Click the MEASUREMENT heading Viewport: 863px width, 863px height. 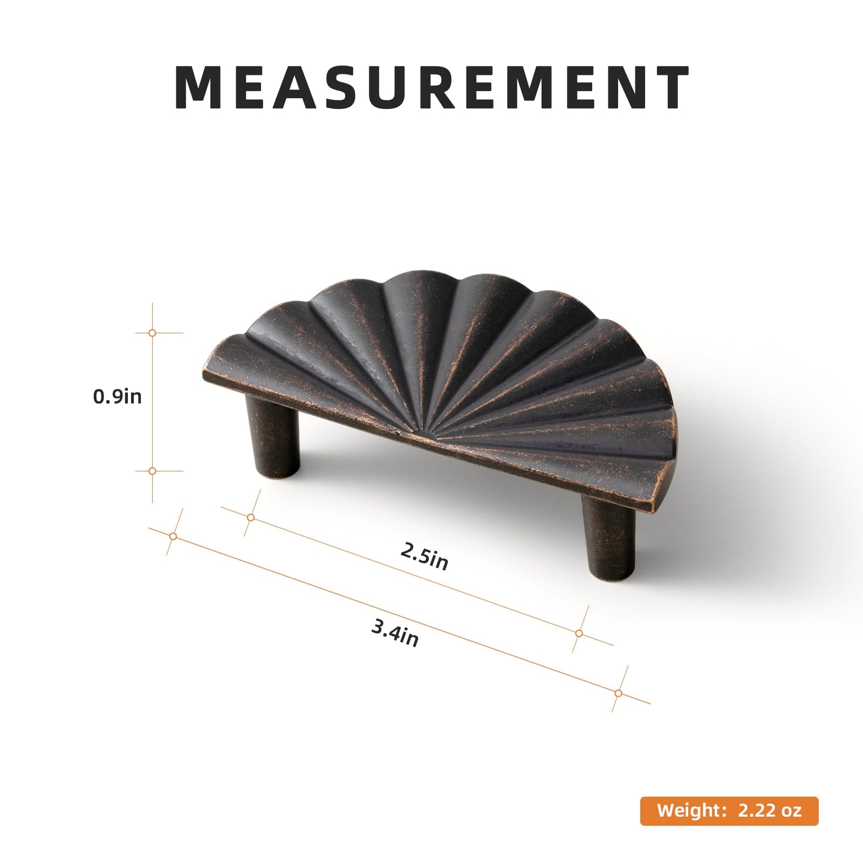pos(432,87)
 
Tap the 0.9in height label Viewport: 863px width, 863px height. pos(118,396)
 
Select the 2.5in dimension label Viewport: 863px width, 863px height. pos(424,555)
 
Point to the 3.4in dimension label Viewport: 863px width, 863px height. pos(395,633)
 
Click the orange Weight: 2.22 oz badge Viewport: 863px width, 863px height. pos(729,811)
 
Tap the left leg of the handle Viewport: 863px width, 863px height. pos(273,438)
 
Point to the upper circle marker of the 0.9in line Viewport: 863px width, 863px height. pos(152,333)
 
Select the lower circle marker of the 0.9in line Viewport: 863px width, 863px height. pos(152,471)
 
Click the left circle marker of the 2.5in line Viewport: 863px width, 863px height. pos(251,517)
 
